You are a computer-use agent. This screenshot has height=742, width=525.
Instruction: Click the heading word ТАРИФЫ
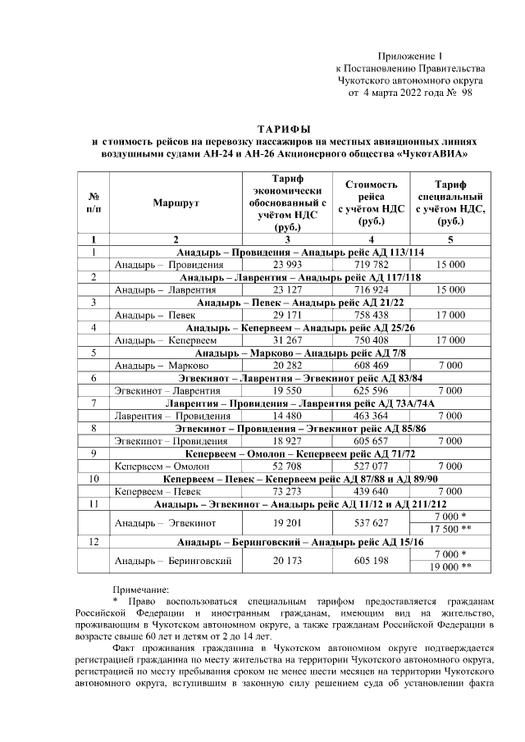[x=284, y=130]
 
